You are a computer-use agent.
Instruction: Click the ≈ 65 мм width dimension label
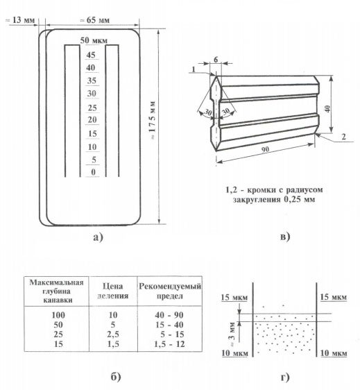pyautogui.click(x=94, y=20)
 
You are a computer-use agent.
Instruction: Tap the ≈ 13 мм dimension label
pyautogui.click(x=20, y=20)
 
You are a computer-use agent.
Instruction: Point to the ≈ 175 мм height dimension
pyautogui.click(x=153, y=120)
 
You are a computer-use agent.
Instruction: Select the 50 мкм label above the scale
pyautogui.click(x=94, y=40)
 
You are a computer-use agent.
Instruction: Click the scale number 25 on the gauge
pyautogui.click(x=92, y=108)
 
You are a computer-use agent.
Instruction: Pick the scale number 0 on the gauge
pyautogui.click(x=93, y=172)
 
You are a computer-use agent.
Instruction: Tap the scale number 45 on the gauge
pyautogui.click(x=91, y=55)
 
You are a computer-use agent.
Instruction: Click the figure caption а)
pyautogui.click(x=98, y=237)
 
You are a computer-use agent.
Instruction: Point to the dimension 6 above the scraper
pyautogui.click(x=216, y=60)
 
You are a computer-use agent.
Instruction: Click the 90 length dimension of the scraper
pyautogui.click(x=266, y=150)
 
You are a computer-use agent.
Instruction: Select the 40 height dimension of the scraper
pyautogui.click(x=327, y=109)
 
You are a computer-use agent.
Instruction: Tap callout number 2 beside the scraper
pyautogui.click(x=344, y=137)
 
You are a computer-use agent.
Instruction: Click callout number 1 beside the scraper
pyautogui.click(x=194, y=69)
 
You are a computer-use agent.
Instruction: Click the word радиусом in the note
pyautogui.click(x=305, y=190)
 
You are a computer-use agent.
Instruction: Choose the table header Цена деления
pyautogui.click(x=113, y=291)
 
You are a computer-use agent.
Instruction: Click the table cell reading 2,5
pyautogui.click(x=113, y=334)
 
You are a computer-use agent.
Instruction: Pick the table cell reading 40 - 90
pyautogui.click(x=169, y=315)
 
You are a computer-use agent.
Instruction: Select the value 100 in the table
pyautogui.click(x=58, y=315)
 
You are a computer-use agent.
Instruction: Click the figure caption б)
pyautogui.click(x=116, y=378)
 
